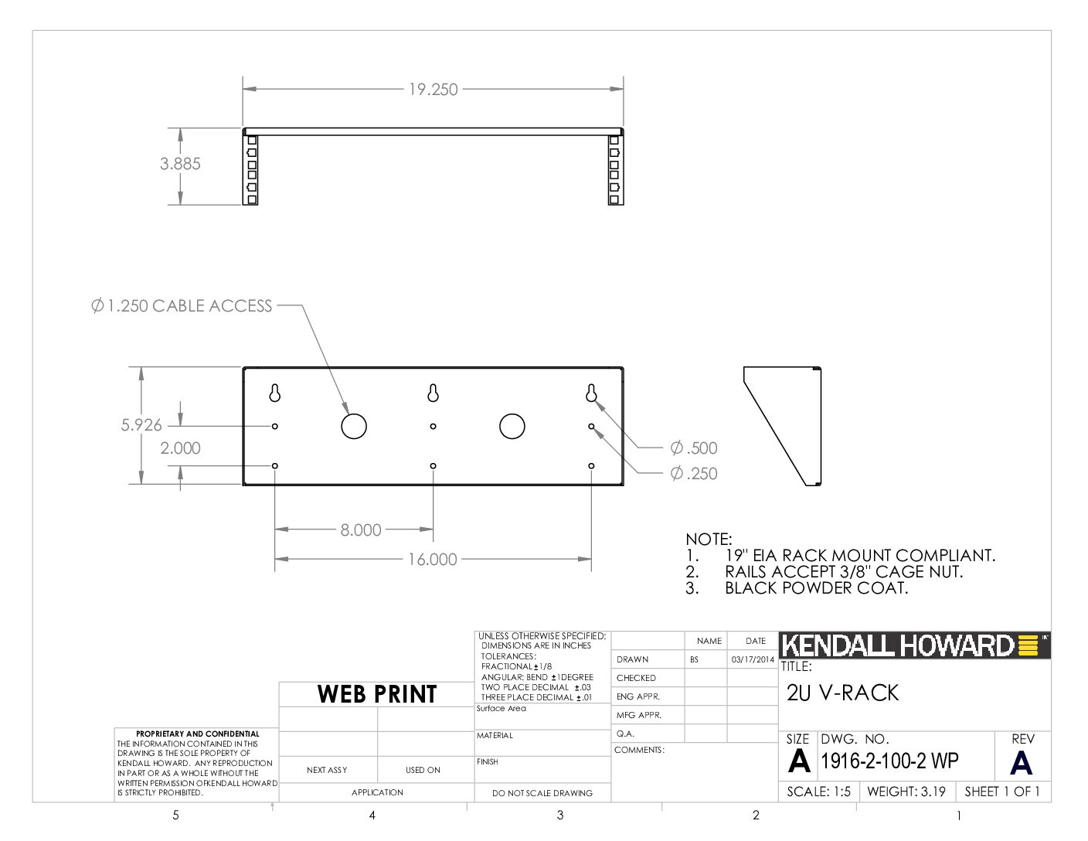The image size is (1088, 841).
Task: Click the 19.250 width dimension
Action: pyautogui.click(x=433, y=89)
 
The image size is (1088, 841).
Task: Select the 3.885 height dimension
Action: pyautogui.click(x=180, y=163)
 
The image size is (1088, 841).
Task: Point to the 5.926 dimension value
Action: pyautogui.click(x=141, y=425)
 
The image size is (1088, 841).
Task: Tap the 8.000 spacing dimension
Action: pyautogui.click(x=361, y=529)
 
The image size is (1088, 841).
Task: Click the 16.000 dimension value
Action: pyautogui.click(x=433, y=559)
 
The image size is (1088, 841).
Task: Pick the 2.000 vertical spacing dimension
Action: pyautogui.click(x=180, y=448)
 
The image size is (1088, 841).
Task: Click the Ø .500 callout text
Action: pyautogui.click(x=694, y=448)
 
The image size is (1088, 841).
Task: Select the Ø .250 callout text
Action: pyautogui.click(x=694, y=473)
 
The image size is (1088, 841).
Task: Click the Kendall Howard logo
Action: pyautogui.click(x=914, y=645)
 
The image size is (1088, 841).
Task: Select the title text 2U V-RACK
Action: pyautogui.click(x=843, y=693)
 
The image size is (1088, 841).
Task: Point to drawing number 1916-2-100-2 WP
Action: pyautogui.click(x=889, y=761)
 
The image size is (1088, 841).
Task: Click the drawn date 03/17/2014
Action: pyautogui.click(x=753, y=659)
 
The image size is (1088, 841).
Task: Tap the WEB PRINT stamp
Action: pyautogui.click(x=377, y=694)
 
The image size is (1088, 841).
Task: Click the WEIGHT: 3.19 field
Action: pyautogui.click(x=906, y=792)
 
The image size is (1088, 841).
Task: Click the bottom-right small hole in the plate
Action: pyautogui.click(x=591, y=466)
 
